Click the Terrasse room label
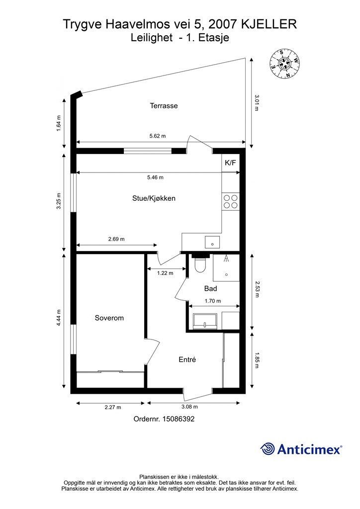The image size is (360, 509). coord(164,105)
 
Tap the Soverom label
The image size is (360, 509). coord(109,318)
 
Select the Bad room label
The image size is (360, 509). coord(211,288)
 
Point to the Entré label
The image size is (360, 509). coord(187,359)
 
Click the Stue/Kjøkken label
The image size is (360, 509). coord(154,198)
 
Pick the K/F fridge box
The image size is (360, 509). coord(231,163)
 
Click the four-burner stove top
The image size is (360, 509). coord(231,201)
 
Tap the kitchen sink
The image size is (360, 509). coord(212,242)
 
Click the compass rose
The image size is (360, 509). coord(285,63)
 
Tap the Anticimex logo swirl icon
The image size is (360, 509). coord(268,449)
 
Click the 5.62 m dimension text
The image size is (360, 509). coord(158,136)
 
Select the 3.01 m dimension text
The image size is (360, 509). coord(257,103)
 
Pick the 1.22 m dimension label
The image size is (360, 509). coord(165,273)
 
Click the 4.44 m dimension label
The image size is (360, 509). coord(59,318)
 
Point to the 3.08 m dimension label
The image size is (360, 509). coord(189,407)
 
